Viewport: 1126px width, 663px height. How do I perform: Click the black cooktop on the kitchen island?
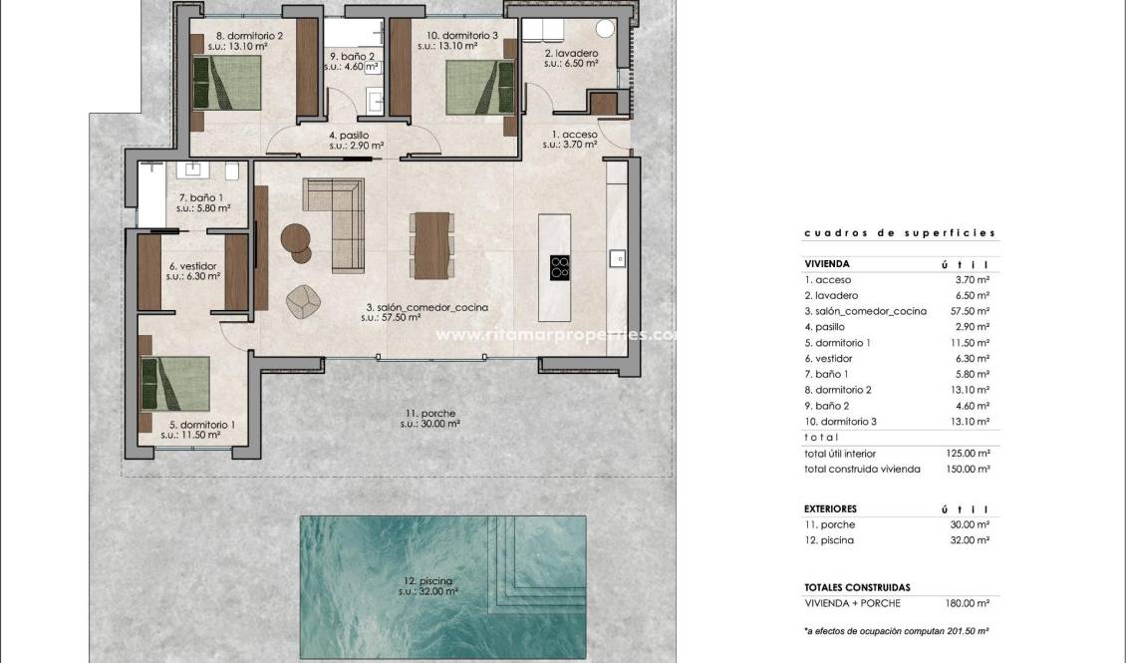[x=561, y=266]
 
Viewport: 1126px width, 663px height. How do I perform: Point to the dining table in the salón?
[x=432, y=245]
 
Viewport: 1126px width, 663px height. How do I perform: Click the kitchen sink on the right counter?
[x=617, y=258]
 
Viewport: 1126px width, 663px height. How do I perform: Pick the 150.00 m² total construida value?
[x=968, y=469]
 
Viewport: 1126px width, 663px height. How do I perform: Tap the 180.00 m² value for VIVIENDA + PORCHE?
[x=968, y=603]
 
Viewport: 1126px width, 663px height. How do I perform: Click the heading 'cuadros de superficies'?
[x=900, y=232]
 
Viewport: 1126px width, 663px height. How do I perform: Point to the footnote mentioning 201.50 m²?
[x=896, y=631]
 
